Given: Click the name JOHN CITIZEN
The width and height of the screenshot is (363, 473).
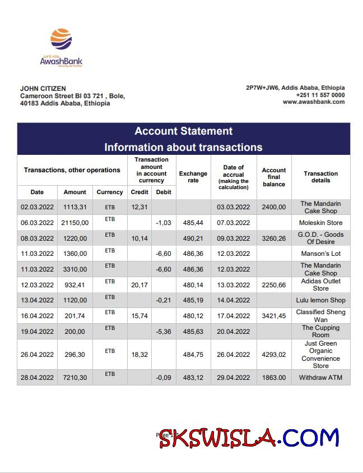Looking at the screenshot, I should [43, 89].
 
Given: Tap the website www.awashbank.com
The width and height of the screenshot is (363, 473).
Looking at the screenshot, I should [313, 102].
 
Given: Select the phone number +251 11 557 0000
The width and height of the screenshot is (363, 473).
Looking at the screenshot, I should [320, 95].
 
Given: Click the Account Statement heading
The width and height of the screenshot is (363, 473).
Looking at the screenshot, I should [183, 131].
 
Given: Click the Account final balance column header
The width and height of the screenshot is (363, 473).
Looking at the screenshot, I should [274, 177].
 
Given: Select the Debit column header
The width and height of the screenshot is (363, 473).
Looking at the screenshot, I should [164, 192].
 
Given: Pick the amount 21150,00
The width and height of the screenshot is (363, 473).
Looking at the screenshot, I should [75, 223].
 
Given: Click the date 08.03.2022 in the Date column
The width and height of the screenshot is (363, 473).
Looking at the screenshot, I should [37, 238].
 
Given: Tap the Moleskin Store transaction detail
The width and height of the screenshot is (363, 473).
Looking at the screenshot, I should [320, 223].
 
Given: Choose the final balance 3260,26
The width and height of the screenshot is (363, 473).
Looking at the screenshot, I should [274, 238].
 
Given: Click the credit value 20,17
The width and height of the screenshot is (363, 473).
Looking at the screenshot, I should [139, 285].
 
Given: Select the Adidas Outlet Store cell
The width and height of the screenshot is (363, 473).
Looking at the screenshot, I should [320, 285].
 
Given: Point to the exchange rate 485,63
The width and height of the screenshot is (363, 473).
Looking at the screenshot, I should [193, 332].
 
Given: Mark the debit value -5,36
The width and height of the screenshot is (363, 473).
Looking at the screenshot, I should [164, 332].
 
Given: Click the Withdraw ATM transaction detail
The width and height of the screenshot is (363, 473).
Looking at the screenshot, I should [320, 378].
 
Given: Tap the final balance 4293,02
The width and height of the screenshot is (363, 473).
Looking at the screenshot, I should [274, 355].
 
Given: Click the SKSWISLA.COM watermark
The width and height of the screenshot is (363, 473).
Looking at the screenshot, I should [249, 437].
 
